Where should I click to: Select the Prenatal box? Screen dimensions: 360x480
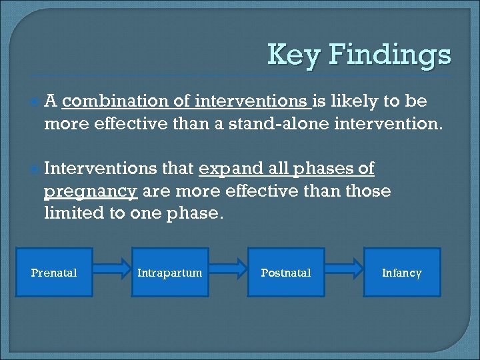pos(54,273)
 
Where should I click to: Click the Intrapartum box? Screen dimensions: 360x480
pos(169,273)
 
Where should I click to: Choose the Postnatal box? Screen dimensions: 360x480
pos(286,273)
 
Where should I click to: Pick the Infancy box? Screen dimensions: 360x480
pos(402,273)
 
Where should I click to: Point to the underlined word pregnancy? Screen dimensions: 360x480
pos(90,192)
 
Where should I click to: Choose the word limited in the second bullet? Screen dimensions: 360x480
pos(71,213)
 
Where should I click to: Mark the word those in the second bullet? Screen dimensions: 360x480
pos(369,191)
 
